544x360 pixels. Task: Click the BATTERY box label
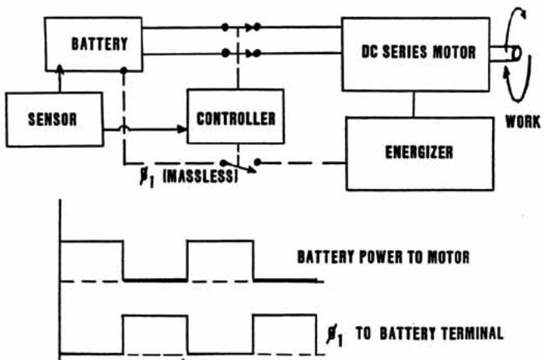pos(99,44)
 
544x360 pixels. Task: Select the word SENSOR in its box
pos(52,120)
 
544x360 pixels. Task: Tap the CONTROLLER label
pos(236,119)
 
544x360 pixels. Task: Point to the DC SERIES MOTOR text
pos(418,52)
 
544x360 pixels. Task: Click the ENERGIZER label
pos(419,152)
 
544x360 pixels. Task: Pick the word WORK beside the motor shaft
pos(523,122)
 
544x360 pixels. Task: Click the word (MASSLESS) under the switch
pos(201,177)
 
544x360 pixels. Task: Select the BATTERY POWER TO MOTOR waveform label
pos(383,257)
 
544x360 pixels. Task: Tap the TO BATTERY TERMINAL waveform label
pos(430,334)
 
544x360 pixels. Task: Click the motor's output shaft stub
pos(505,54)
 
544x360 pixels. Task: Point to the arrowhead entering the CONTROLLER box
pos(182,130)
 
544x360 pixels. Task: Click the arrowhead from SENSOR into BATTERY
pos(60,69)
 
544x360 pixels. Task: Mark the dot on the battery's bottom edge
pos(124,71)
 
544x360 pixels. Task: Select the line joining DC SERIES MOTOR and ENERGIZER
pos(413,104)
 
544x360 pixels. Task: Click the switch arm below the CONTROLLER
pos(239,166)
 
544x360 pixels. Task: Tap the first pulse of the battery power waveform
pos(92,260)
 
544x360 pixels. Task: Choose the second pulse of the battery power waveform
pos(220,260)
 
